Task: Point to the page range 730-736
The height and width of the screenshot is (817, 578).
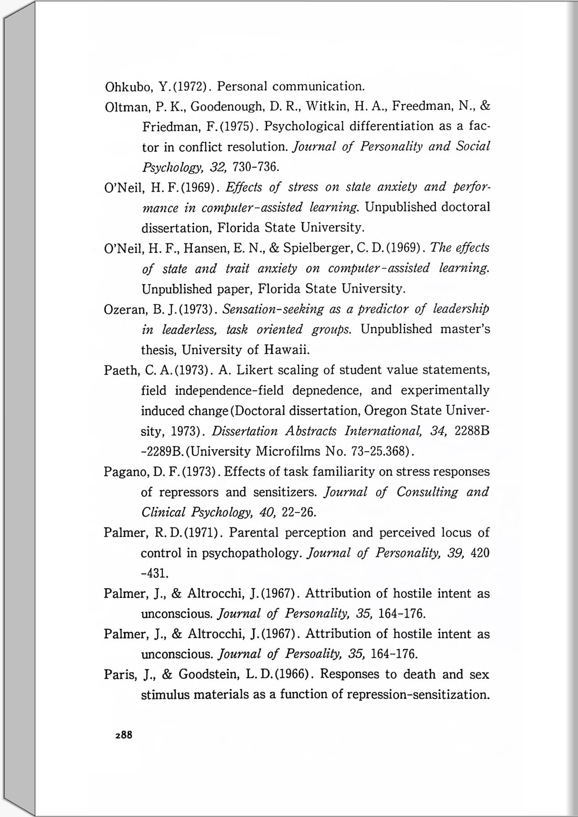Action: click(x=254, y=167)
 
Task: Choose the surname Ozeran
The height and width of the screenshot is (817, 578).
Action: click(x=125, y=309)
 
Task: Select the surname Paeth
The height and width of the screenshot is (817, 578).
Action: click(x=120, y=370)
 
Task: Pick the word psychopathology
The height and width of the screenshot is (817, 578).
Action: click(x=252, y=553)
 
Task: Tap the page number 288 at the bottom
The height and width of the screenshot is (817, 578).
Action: click(x=124, y=735)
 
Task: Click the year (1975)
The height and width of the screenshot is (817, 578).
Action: click(x=239, y=127)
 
